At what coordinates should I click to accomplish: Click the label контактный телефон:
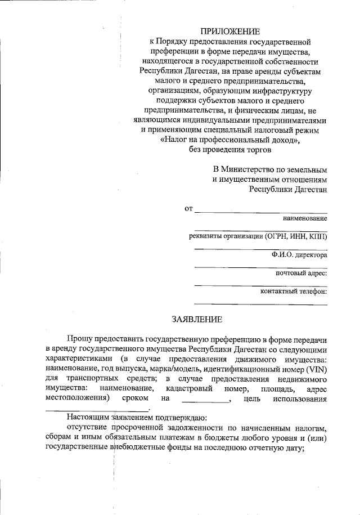[x=294, y=292]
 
